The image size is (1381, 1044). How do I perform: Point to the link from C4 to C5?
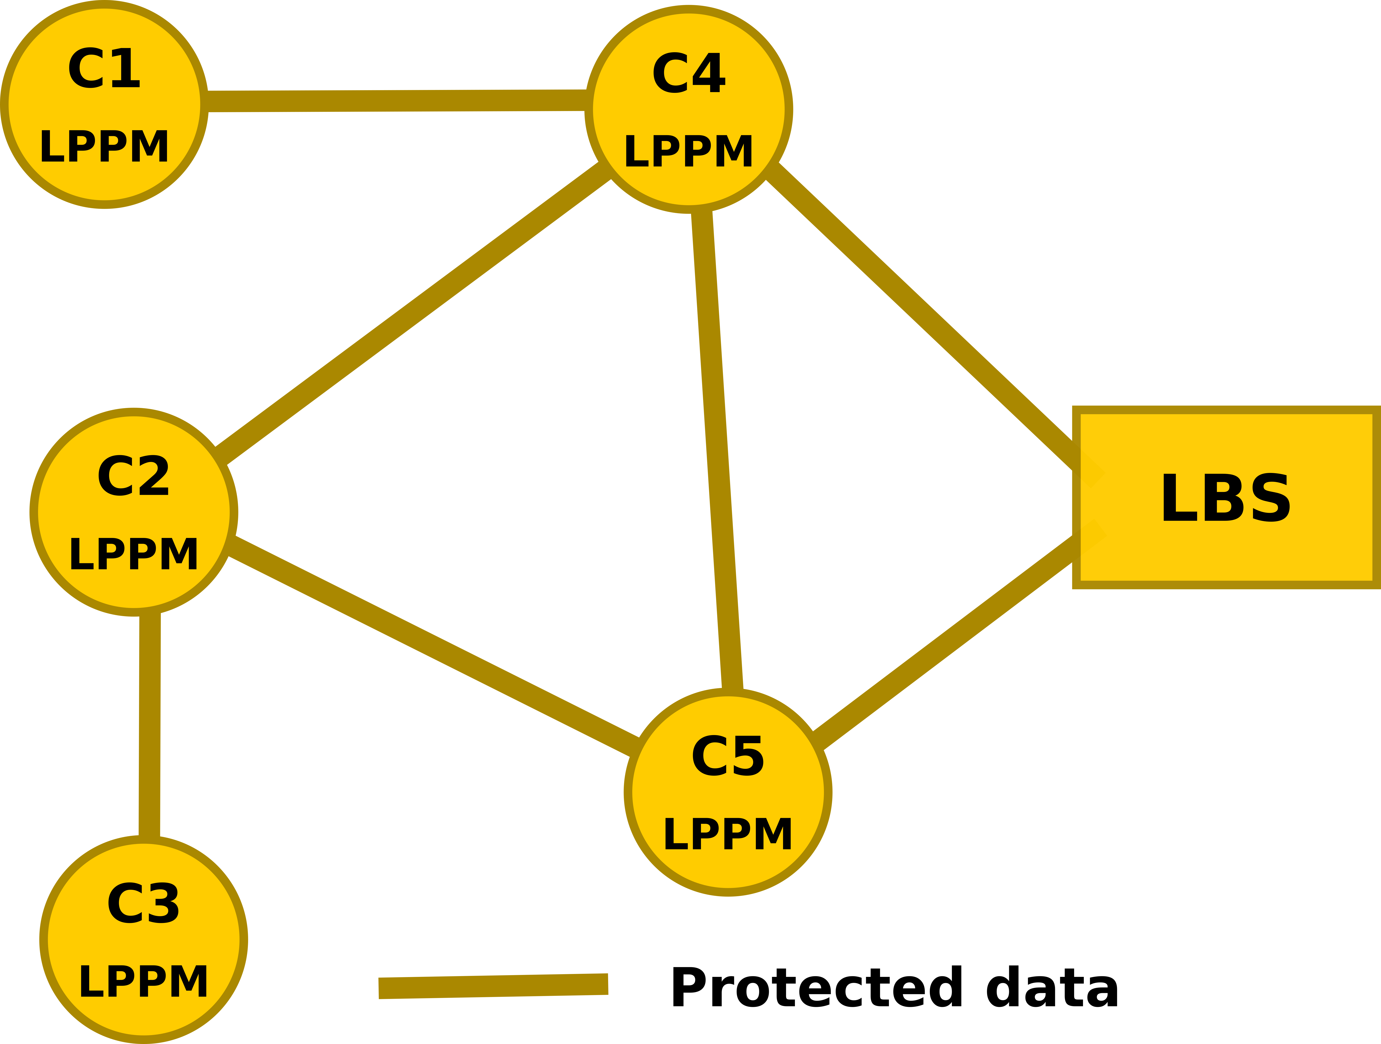717,450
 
